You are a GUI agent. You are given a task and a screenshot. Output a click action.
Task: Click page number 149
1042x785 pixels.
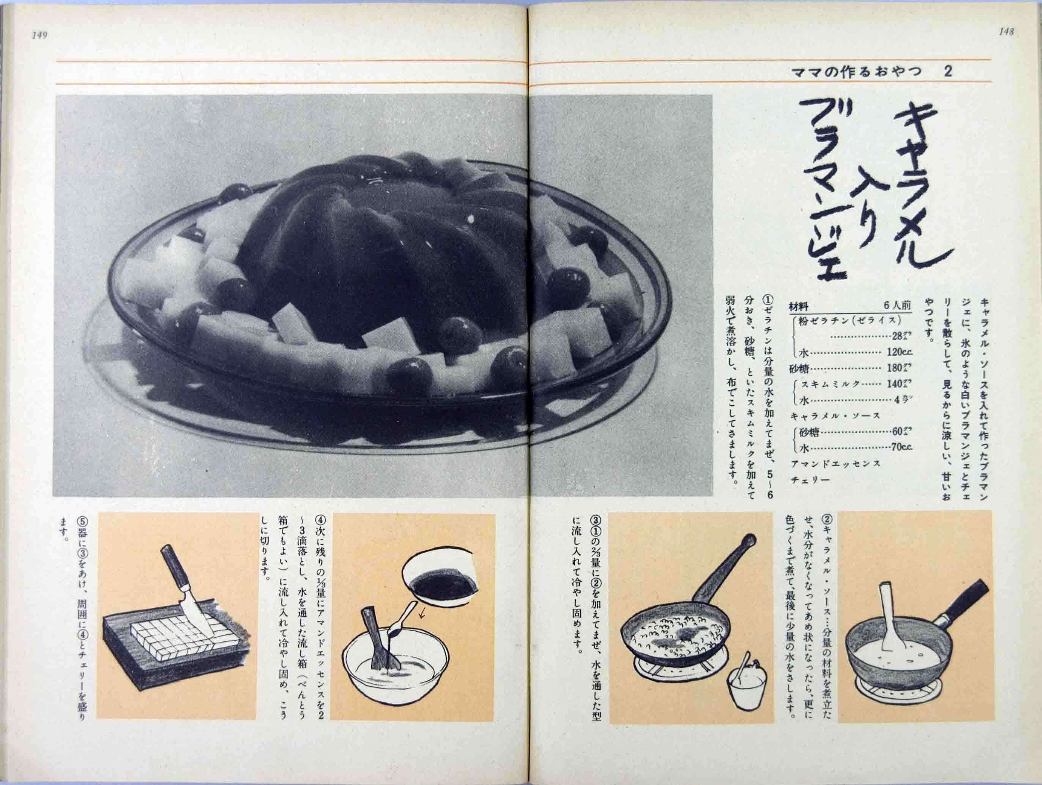[39, 36]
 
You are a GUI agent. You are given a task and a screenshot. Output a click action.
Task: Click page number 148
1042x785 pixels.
[1005, 32]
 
